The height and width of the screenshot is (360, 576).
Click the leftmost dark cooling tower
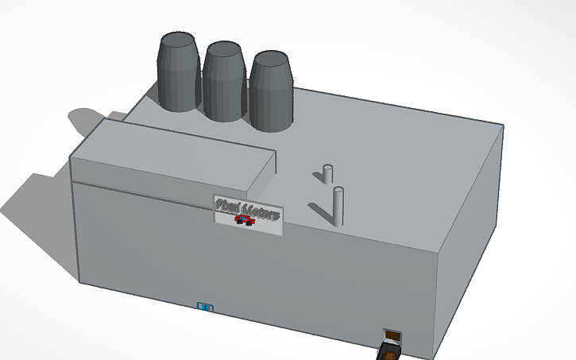tap(178, 75)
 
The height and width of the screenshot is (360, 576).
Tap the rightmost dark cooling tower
tap(271, 94)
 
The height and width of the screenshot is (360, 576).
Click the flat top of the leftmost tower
tap(179, 40)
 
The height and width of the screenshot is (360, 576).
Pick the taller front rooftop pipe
tap(338, 206)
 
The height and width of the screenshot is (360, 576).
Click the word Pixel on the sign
tap(227, 205)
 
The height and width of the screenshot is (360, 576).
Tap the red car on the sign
tap(245, 221)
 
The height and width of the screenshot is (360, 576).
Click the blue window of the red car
tap(245, 219)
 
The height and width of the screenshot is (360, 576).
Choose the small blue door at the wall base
tap(205, 306)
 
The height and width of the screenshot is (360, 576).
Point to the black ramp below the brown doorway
tap(388, 352)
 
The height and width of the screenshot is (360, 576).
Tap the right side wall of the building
tap(473, 238)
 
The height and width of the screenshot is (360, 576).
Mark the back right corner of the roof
tap(503, 126)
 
